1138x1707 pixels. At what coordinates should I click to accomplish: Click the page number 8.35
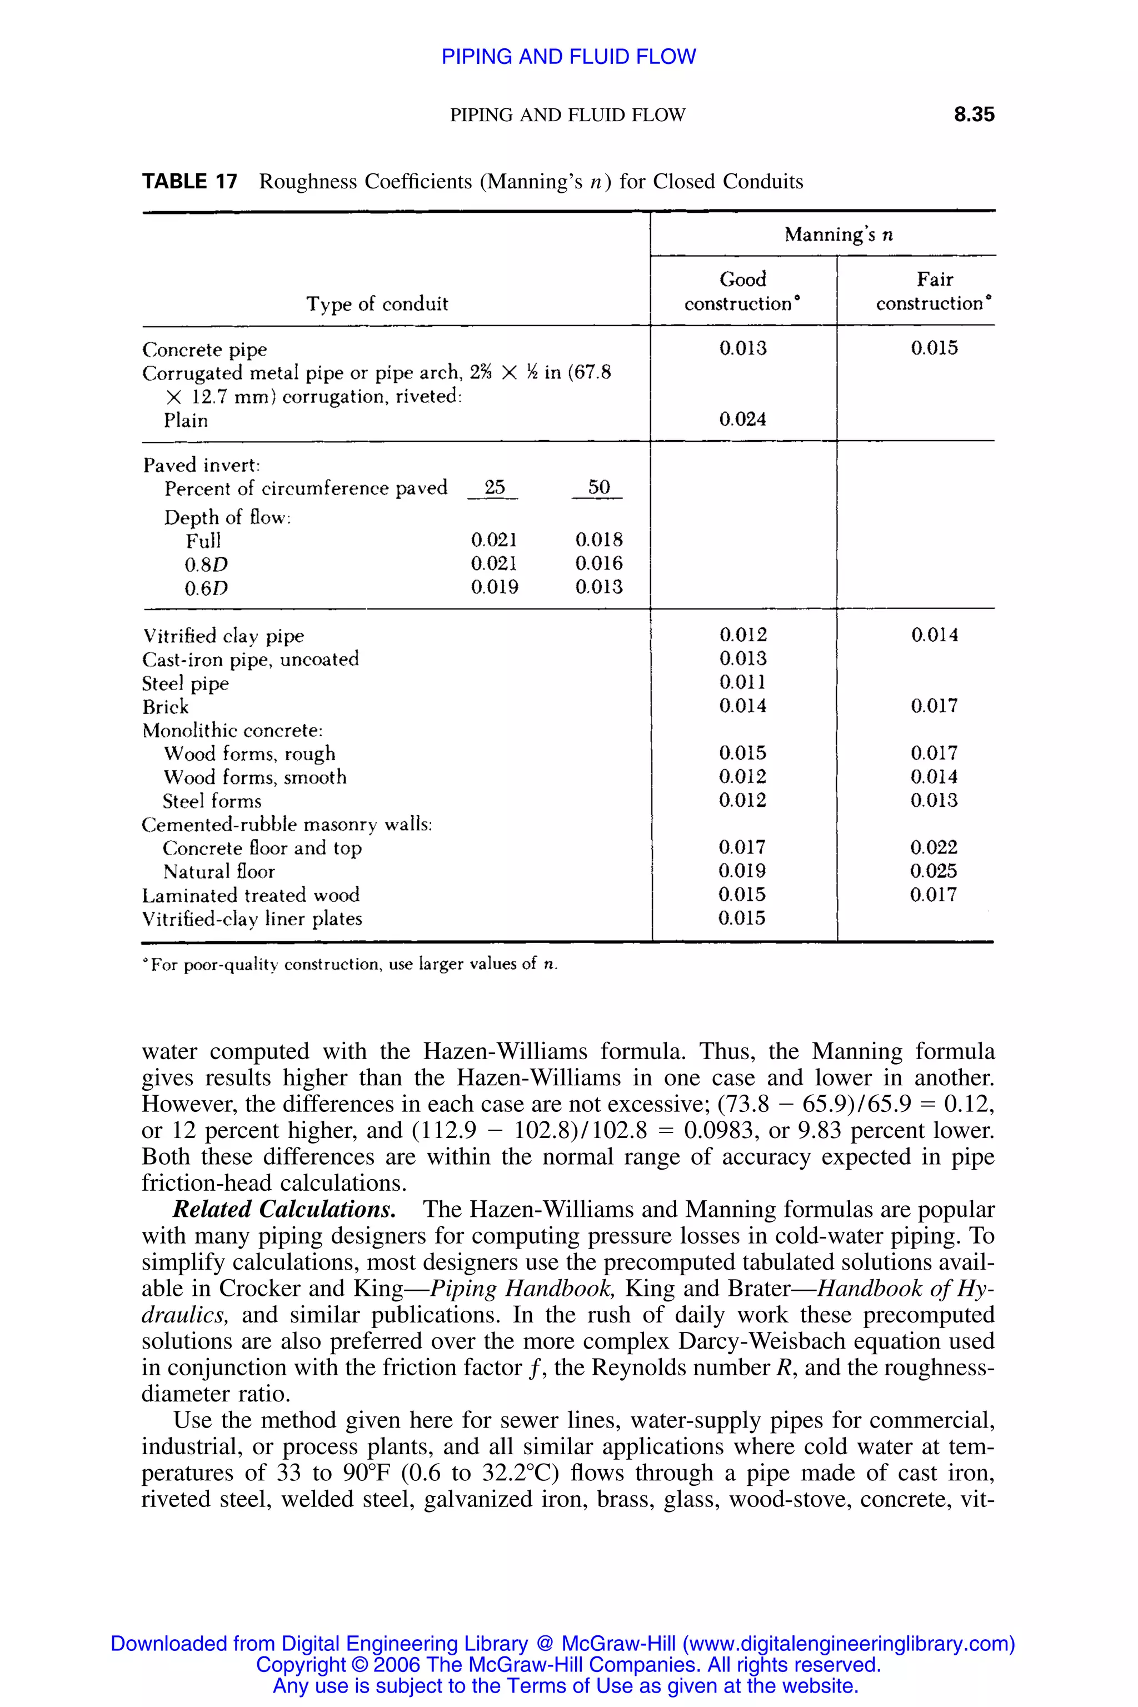974,114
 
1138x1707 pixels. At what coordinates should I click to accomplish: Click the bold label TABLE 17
189,182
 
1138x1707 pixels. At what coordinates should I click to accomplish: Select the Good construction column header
742,291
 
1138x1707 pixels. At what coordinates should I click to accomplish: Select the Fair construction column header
934,291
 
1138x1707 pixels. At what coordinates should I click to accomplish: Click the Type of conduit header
377,303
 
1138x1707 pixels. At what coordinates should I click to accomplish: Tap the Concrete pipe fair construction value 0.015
934,348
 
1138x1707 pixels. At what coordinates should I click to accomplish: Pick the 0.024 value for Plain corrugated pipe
742,420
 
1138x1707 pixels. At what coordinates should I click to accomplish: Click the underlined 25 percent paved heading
494,488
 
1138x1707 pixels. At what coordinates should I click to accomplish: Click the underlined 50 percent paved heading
599,488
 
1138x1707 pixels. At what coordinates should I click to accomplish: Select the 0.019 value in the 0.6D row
494,587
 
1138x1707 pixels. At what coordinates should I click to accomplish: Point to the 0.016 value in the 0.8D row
599,563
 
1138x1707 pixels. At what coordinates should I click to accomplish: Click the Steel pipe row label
185,683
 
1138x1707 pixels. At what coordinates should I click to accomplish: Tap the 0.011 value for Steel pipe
742,682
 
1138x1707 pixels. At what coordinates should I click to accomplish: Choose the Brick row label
166,707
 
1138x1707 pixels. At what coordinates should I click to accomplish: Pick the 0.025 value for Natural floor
934,871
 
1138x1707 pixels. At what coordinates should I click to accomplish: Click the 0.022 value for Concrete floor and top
934,848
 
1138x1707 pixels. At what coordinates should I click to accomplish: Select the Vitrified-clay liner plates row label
252,919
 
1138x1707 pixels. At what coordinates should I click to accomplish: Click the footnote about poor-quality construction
351,965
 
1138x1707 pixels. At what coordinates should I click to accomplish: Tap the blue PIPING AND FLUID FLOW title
568,57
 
